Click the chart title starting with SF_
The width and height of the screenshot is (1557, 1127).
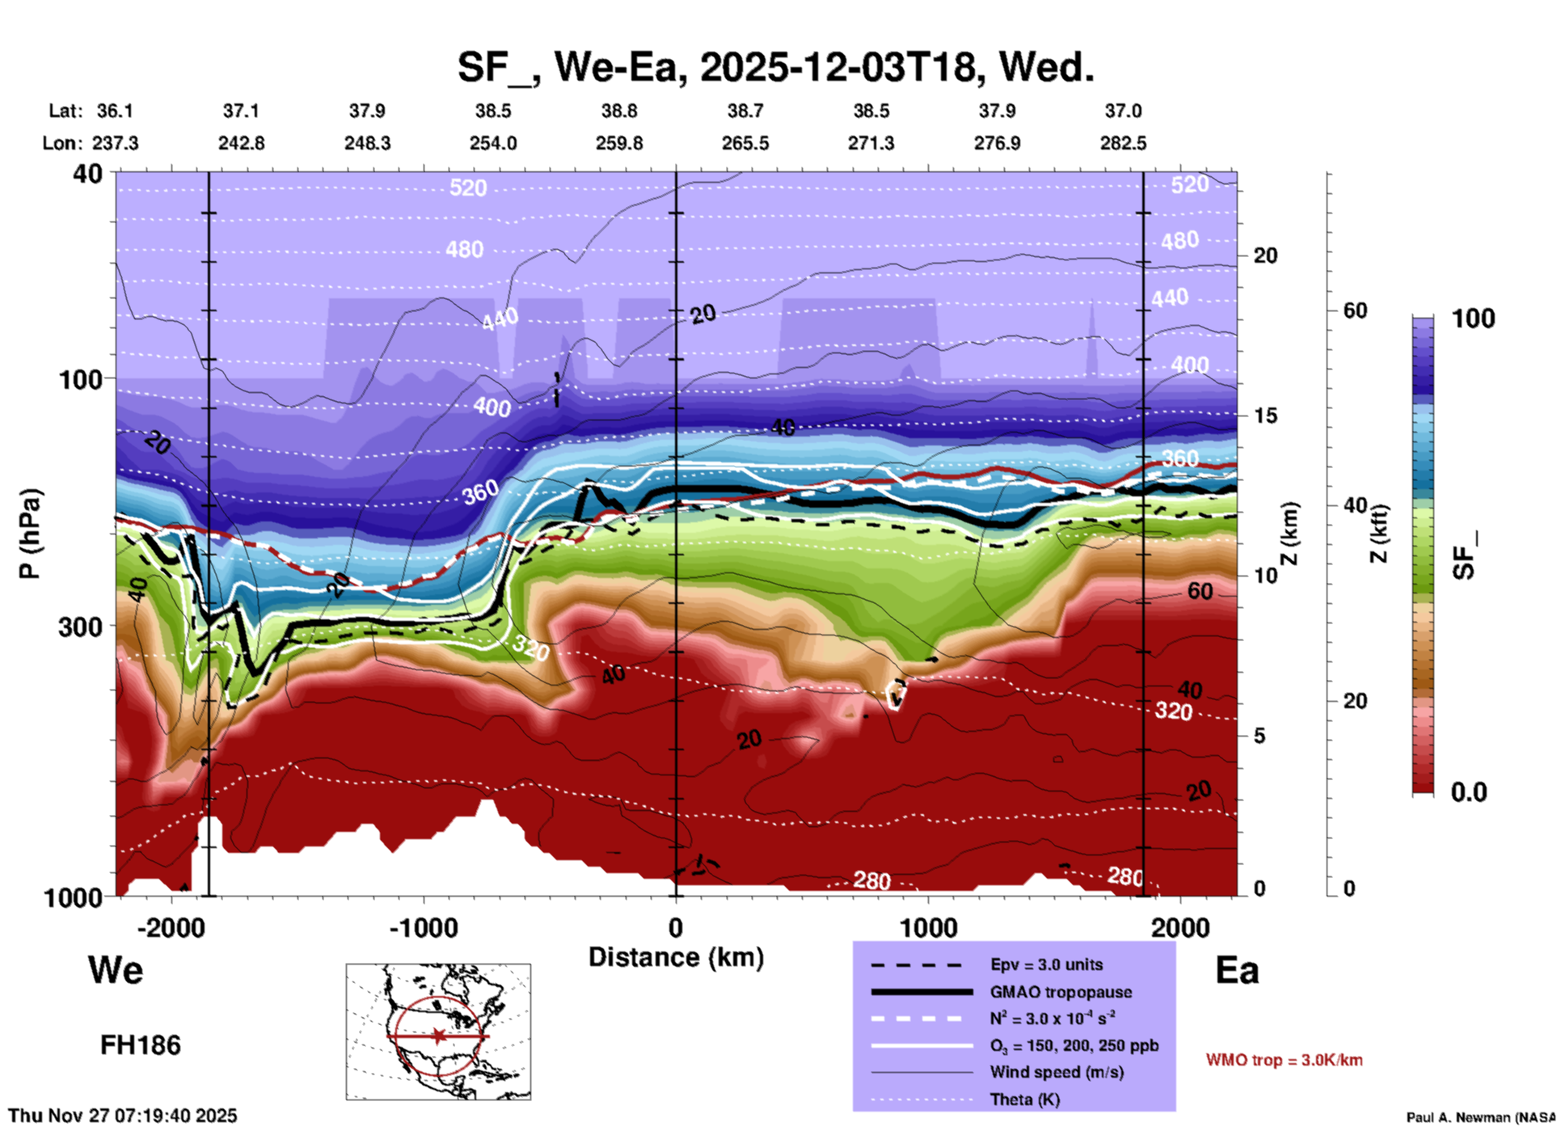775,66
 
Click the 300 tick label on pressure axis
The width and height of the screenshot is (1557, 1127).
80,627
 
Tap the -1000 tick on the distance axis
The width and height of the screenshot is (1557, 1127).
424,927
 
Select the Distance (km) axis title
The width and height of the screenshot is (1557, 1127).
676,957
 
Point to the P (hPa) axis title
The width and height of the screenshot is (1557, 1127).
30,534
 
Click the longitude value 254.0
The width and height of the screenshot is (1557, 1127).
493,143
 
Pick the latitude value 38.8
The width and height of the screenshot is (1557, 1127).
619,111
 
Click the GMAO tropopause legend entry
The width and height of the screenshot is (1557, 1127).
1061,992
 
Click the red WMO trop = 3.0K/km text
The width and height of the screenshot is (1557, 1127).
1284,1060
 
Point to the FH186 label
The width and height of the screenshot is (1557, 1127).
141,1045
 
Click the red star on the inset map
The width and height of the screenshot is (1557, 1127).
438,1036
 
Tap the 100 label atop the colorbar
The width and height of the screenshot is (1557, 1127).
1473,319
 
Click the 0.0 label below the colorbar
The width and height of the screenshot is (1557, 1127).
1469,791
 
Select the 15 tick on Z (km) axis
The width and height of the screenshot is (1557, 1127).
1265,416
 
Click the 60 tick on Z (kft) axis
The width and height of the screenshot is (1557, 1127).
1355,310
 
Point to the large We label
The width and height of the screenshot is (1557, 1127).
116,969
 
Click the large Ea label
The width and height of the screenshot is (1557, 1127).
1237,970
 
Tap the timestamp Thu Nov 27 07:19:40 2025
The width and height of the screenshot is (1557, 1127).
123,1116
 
